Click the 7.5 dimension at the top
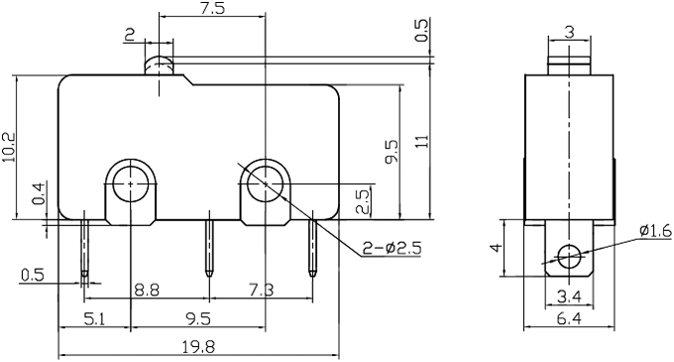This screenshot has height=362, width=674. [x=210, y=9]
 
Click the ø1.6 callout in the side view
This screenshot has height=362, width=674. [x=656, y=230]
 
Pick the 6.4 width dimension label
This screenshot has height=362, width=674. [x=568, y=319]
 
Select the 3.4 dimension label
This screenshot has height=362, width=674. [x=568, y=295]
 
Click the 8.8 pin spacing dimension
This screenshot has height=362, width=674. [x=146, y=289]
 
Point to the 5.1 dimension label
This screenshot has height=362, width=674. [x=92, y=319]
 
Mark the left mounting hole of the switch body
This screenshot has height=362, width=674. [x=130, y=183]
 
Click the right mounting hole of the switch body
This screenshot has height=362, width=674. [x=265, y=183]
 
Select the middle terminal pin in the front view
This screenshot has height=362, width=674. [x=208, y=248]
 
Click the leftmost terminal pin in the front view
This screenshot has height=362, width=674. [x=86, y=248]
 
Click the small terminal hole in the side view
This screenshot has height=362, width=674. [x=568, y=256]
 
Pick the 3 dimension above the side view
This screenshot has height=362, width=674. [x=568, y=32]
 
